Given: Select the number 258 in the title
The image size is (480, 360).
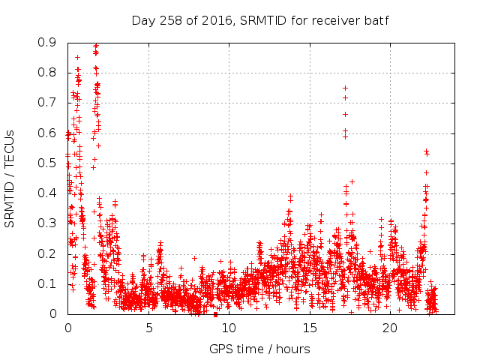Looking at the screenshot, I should point(169,19).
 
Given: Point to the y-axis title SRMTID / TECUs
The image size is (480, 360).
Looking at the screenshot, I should point(10,178).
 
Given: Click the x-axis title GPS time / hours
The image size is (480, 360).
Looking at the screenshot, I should point(259,349).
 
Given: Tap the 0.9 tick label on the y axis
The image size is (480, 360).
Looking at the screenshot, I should point(47,43).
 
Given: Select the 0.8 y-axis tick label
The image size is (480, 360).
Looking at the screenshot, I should point(47,73).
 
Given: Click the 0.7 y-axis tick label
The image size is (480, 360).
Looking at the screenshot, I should point(47,103).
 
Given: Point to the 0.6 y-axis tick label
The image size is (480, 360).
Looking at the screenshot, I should point(47,133).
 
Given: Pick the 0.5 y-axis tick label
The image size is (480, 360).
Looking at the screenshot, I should point(47,163).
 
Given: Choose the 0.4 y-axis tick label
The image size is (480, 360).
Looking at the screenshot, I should point(47,193).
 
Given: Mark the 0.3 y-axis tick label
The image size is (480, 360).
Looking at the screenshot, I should point(47,223).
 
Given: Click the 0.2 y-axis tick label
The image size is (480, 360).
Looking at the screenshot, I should point(47,253).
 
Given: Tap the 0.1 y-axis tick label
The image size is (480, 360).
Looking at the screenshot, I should point(47,283).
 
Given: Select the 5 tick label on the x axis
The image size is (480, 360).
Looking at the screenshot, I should point(148,328).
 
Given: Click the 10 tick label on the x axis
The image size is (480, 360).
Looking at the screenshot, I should point(229,328).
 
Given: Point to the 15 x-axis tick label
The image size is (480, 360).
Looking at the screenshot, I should point(310,328).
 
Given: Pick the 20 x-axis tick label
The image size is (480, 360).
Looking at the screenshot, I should point(390,328).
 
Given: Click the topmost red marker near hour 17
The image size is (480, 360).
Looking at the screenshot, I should point(345,88).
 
